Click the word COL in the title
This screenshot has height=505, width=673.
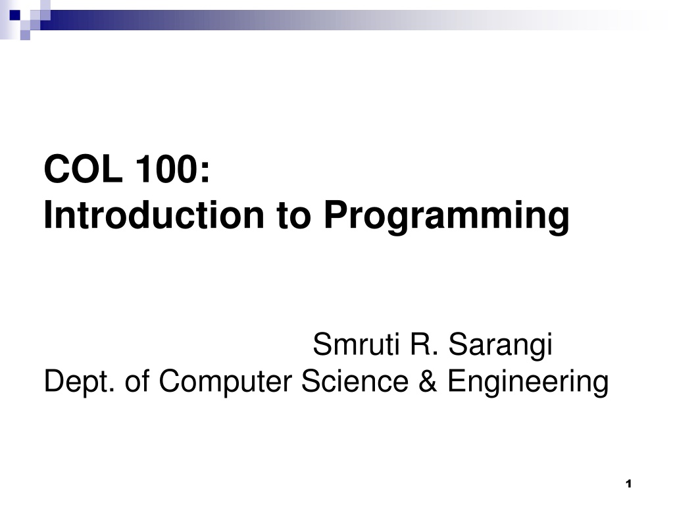(83, 169)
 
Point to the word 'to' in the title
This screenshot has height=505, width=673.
(293, 216)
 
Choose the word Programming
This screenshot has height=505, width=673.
(447, 217)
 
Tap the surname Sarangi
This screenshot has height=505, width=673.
(501, 346)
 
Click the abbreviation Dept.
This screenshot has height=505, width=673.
(80, 381)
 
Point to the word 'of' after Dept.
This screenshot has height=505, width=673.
(137, 380)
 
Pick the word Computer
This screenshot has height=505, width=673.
(226, 382)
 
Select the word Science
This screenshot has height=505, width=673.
(355, 381)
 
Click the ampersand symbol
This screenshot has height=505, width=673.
(428, 381)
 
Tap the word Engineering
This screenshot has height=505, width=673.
(528, 382)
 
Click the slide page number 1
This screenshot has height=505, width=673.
(629, 484)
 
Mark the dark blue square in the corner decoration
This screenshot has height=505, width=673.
(15, 15)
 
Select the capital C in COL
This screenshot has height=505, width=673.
(57, 169)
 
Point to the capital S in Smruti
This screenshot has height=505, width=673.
(323, 344)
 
